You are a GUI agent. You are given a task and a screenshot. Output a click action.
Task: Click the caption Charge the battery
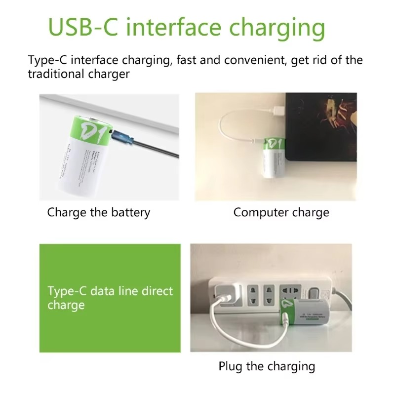[x=99, y=213]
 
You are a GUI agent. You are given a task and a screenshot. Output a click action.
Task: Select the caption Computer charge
[x=281, y=213]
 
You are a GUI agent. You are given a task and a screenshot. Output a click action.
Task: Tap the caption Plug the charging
[x=267, y=366]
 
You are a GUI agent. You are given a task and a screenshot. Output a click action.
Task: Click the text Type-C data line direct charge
[x=110, y=298]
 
